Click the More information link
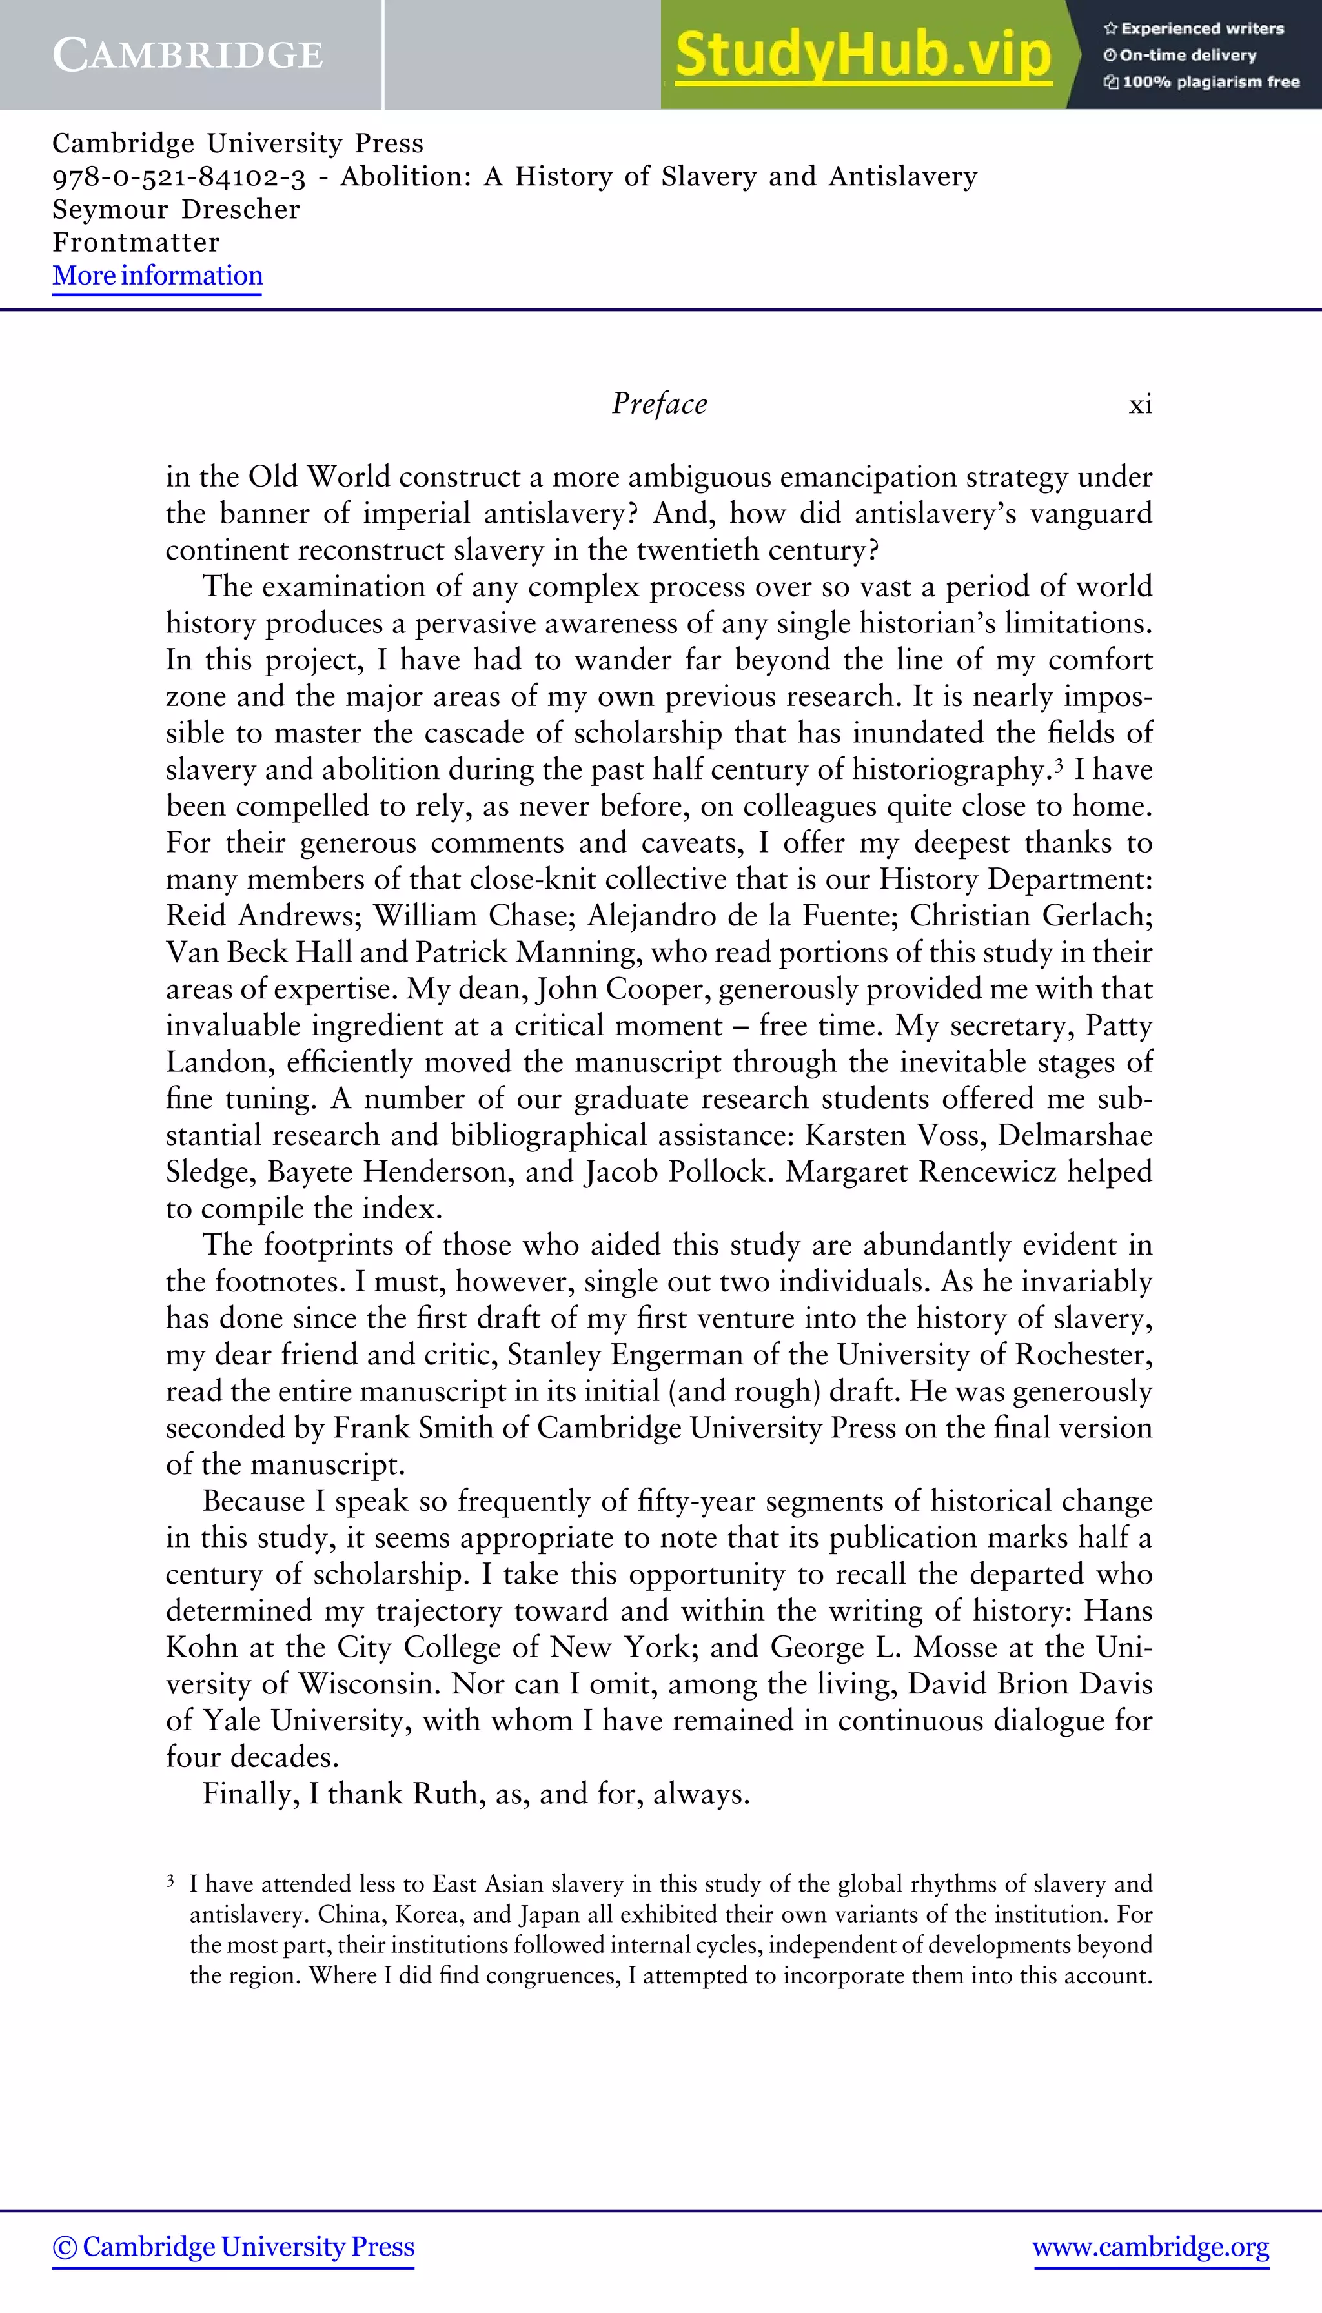tap(157, 276)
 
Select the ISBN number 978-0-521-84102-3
tap(178, 177)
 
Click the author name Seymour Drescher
tap(176, 210)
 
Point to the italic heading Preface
tap(659, 404)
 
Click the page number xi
tap(1141, 405)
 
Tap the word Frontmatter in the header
tap(136, 243)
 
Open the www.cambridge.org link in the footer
tap(1150, 2247)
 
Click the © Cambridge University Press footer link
tap(233, 2247)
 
